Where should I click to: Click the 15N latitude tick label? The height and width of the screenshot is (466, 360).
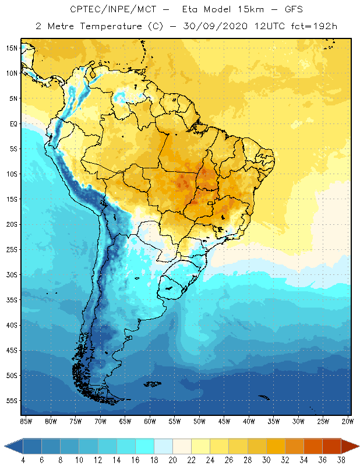click(x=11, y=48)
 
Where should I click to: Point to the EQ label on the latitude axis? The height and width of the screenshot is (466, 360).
click(x=12, y=123)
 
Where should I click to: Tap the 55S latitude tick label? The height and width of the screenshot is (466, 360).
click(x=11, y=401)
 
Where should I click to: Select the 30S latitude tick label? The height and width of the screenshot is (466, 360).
click(x=11, y=275)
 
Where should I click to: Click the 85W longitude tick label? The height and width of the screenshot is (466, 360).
click(x=26, y=421)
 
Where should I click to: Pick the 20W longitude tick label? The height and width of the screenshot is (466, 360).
click(x=347, y=421)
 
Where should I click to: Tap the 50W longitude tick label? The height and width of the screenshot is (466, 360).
click(x=199, y=421)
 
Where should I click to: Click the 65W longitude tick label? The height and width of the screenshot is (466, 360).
click(x=125, y=421)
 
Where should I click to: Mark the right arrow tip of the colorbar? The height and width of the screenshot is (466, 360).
click(x=358, y=446)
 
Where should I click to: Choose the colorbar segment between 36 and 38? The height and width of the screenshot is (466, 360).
click(x=331, y=446)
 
